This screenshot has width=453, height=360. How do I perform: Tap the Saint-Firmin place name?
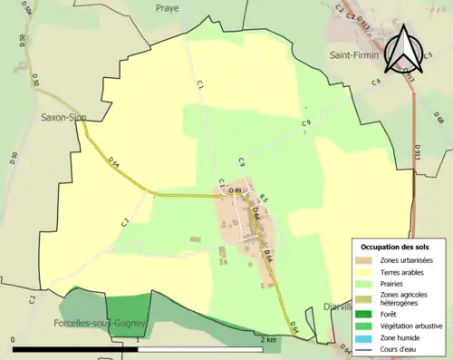(x=352, y=54)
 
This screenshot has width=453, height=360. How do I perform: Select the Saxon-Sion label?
(x=63, y=118)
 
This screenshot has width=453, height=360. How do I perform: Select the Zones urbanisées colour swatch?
(x=364, y=261)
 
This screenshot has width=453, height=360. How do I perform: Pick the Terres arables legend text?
(x=404, y=271)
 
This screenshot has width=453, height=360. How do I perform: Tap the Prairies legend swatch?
(x=364, y=282)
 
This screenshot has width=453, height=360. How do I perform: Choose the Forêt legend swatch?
(x=364, y=313)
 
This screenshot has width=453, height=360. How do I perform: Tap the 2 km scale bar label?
(x=267, y=340)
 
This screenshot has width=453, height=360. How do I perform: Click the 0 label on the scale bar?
(x=14, y=340)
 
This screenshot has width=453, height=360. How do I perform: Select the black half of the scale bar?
(x=75, y=348)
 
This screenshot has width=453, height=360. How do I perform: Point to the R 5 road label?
(x=264, y=199)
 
